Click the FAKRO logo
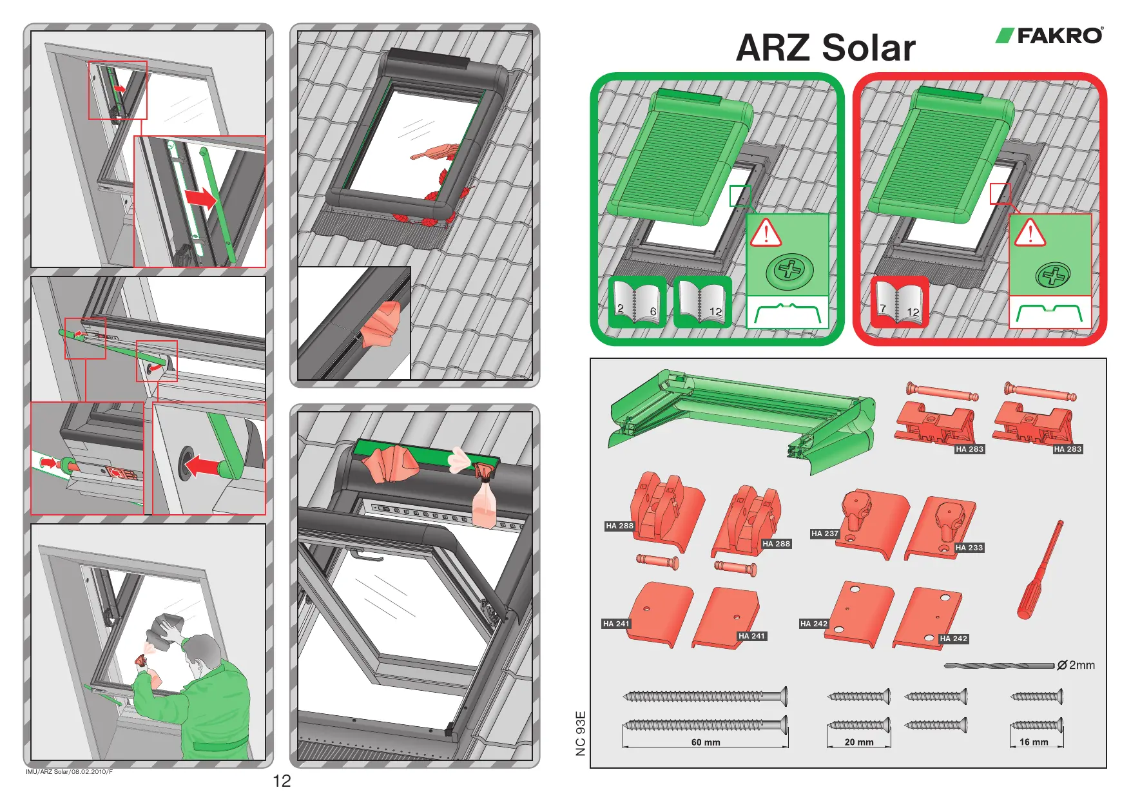coord(1050,35)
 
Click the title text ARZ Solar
coord(826,48)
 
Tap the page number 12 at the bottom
coord(282,781)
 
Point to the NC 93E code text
coord(581,733)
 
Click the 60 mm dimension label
coord(706,742)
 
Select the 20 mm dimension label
coord(859,742)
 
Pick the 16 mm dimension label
coord(1034,742)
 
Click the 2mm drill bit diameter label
coord(1076,665)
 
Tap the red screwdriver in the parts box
coord(1039,571)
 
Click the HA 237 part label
coord(825,534)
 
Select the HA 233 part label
coord(969,548)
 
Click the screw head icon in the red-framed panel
coord(1052,276)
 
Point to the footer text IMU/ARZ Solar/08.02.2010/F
coord(69,772)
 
